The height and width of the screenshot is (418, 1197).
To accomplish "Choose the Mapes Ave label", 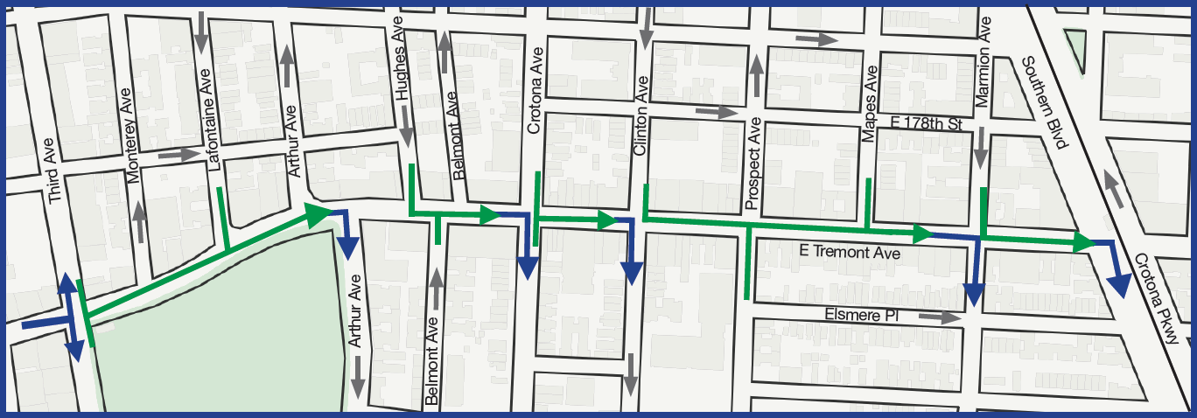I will tap(870, 105).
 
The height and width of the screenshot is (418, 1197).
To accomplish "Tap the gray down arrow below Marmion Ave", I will tap(982, 148).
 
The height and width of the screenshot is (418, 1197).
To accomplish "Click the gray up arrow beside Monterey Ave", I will tap(138, 221).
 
